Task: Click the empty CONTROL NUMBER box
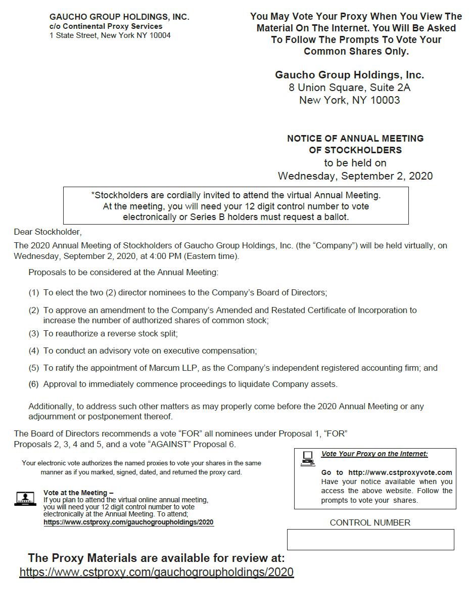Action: coord(370,539)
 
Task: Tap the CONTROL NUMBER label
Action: coord(370,522)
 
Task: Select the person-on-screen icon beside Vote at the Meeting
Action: coord(25,499)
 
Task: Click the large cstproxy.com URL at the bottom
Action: coord(156,572)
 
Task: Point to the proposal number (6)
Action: coord(33,384)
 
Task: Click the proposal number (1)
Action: coord(33,292)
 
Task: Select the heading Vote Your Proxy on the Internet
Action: coord(374,454)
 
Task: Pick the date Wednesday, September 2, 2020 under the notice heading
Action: coord(355,176)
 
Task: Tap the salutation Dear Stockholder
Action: coord(48,232)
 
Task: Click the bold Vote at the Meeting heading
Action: coord(78,493)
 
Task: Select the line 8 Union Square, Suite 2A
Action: coord(349,88)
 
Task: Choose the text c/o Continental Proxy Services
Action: coord(106,26)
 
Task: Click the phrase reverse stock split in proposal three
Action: coord(146,333)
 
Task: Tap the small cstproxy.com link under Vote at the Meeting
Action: coord(128,522)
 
